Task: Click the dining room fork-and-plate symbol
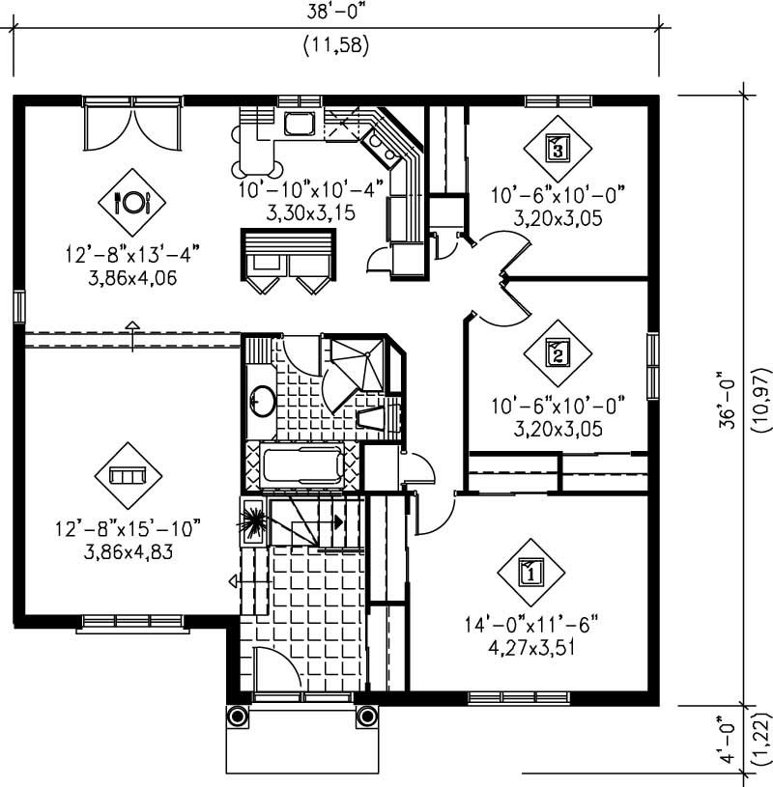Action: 132,202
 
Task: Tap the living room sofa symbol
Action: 128,475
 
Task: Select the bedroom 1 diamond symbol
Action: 530,572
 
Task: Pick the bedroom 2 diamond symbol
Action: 558,352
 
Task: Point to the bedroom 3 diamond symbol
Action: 557,148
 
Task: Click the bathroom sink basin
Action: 261,400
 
